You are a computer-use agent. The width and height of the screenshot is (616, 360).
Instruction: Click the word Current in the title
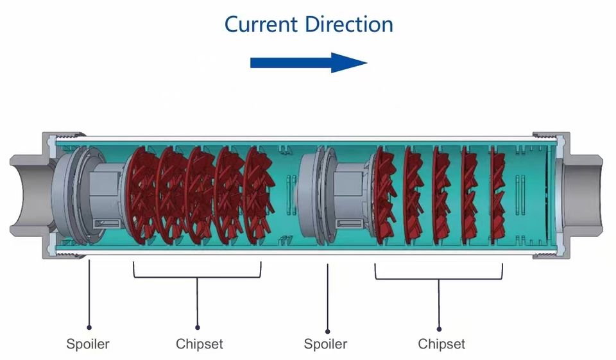[x=261, y=24]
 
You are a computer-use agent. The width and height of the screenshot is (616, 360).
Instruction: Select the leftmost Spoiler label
[x=88, y=344]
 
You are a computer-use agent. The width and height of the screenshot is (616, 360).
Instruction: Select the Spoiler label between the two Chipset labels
[x=325, y=344]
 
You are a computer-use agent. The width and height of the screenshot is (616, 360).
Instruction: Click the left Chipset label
[x=200, y=344]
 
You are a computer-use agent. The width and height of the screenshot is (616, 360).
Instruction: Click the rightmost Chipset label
[x=441, y=344]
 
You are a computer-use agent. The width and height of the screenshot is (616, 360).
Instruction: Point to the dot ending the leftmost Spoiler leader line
[x=89, y=327]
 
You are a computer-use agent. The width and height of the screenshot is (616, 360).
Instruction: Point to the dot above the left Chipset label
[x=198, y=327]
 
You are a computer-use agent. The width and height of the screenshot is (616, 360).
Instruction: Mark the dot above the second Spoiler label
[x=327, y=327]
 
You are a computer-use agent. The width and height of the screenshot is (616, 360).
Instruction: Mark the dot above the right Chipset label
[x=440, y=327]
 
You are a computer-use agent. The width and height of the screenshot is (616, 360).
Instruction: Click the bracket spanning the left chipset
[x=198, y=277]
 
